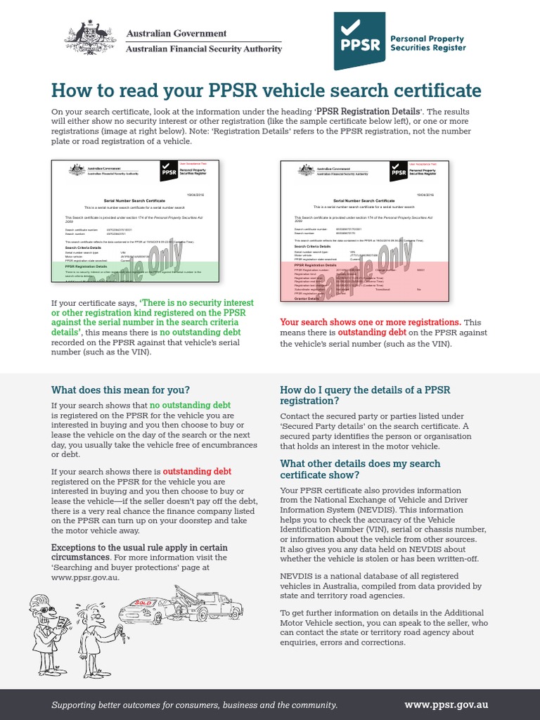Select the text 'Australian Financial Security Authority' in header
tap(204, 49)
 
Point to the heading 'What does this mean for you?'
tap(120, 390)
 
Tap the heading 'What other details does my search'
tap(360, 463)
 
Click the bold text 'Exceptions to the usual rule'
tap(112, 548)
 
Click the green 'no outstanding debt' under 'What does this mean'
tap(190, 406)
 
